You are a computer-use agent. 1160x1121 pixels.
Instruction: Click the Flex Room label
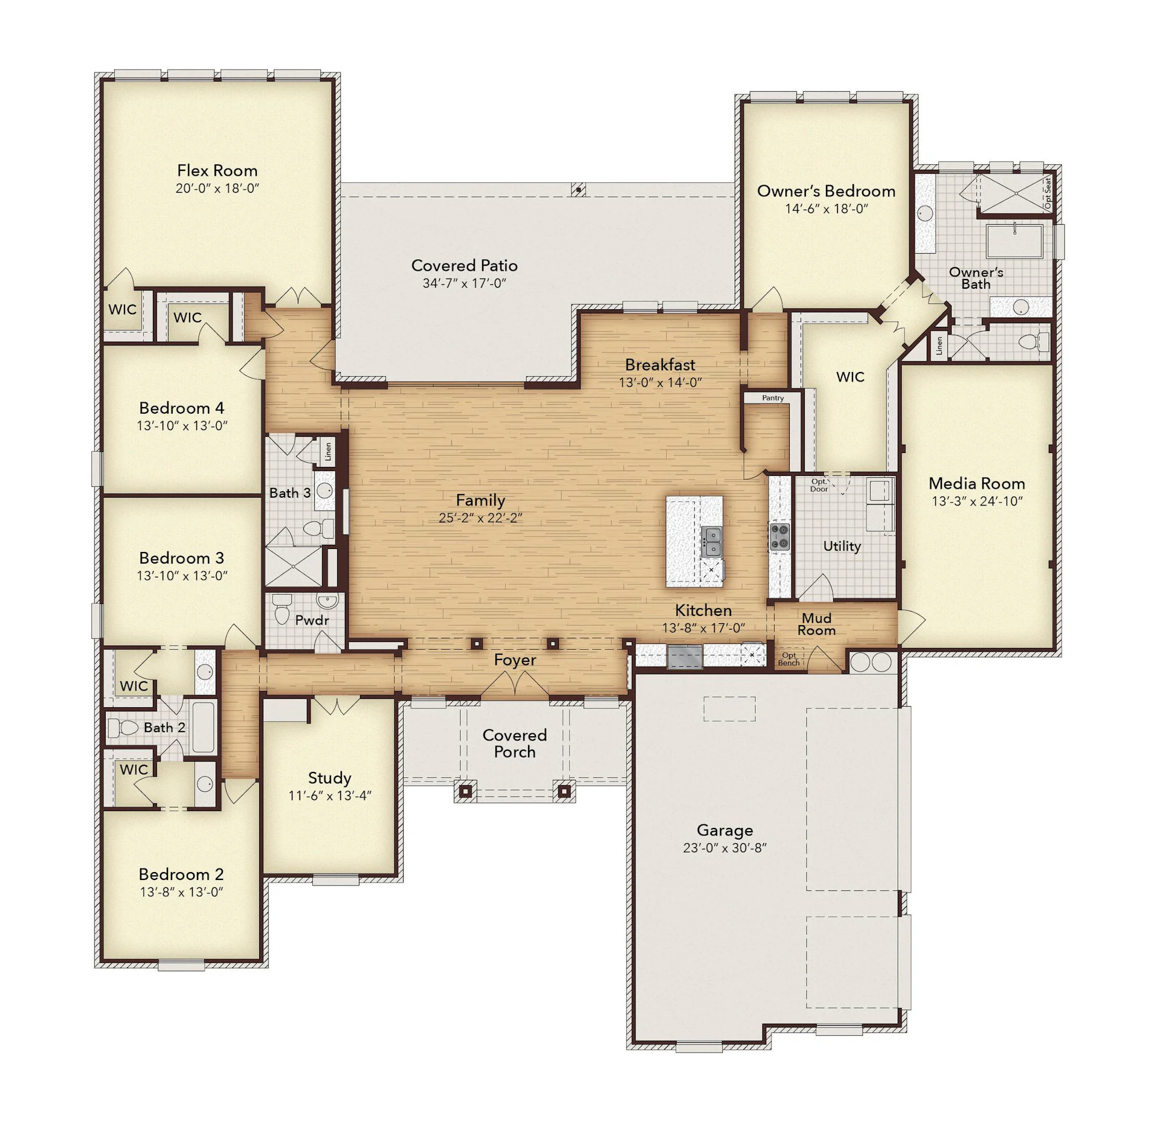pos(217,170)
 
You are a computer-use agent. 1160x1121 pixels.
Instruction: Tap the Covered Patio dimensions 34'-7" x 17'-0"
pos(464,283)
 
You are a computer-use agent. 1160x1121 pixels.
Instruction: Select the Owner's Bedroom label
pos(826,191)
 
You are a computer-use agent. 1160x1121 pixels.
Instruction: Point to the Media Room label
pos(976,483)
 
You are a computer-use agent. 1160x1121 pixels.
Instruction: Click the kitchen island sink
pos(712,541)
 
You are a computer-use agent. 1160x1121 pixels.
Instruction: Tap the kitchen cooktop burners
pos(779,537)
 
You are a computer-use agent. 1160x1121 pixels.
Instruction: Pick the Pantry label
pos(773,398)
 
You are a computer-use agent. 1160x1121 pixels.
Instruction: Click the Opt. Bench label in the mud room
pos(789,659)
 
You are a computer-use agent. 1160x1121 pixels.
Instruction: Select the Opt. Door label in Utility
pos(819,486)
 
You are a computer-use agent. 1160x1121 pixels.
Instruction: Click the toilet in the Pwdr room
pos(282,610)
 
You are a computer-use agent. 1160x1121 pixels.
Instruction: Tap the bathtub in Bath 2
pos(204,727)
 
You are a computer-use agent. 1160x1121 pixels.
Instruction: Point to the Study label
pos(329,777)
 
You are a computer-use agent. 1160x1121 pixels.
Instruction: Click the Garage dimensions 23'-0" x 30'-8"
pos(724,847)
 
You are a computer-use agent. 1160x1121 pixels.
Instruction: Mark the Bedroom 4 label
pos(181,408)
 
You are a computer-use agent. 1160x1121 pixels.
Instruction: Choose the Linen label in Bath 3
pos(328,451)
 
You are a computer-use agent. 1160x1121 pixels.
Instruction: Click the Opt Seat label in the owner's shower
pos(1048,193)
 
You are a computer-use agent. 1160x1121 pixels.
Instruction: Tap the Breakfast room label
pos(660,365)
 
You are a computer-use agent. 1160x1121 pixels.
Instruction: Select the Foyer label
pos(515,660)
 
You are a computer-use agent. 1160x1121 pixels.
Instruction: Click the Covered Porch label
pos(515,744)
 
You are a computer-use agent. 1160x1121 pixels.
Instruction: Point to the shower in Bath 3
pos(294,566)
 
